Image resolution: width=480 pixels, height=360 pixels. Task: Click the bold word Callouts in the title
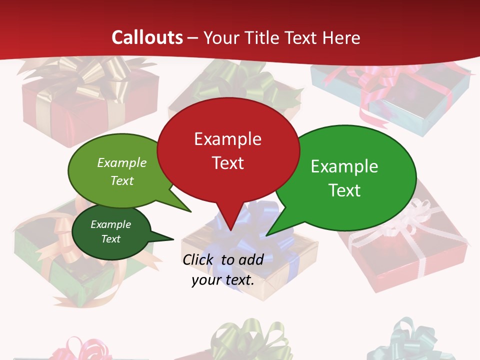click(x=147, y=37)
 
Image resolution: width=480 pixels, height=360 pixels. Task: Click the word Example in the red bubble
click(x=227, y=138)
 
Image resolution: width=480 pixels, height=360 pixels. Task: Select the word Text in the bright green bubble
click(x=344, y=190)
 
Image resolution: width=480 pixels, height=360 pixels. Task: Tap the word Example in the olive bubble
click(x=122, y=162)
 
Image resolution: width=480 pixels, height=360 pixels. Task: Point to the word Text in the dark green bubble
click(x=111, y=239)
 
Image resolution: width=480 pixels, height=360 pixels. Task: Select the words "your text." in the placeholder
click(x=222, y=280)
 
